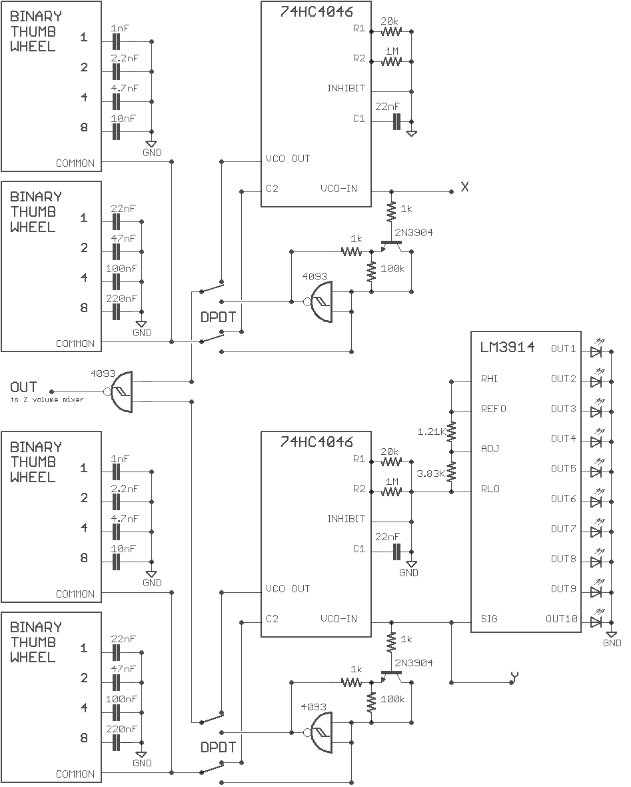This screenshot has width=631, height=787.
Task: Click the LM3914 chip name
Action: pyautogui.click(x=507, y=347)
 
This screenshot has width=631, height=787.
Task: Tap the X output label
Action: pyautogui.click(x=465, y=187)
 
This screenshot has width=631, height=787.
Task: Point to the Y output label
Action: pyautogui.click(x=514, y=678)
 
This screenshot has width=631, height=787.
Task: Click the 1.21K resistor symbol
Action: pyautogui.click(x=452, y=431)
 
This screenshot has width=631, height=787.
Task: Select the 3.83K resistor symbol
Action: pyautogui.click(x=452, y=472)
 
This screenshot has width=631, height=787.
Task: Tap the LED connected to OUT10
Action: pyautogui.click(x=596, y=621)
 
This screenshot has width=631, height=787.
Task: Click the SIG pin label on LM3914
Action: pyautogui.click(x=489, y=619)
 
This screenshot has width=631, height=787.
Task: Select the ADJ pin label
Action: pyautogui.click(x=490, y=449)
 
